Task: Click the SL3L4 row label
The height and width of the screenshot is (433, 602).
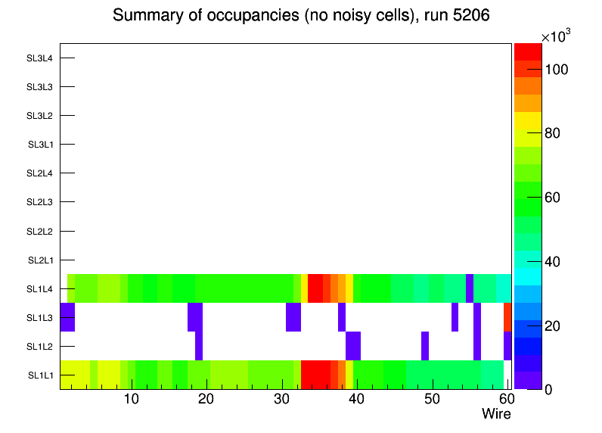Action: click(x=39, y=58)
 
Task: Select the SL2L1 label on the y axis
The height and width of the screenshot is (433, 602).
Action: click(x=39, y=260)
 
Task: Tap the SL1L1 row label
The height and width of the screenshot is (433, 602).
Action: click(x=41, y=375)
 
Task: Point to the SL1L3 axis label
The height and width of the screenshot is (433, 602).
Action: click(x=39, y=318)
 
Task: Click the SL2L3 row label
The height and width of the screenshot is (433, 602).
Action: click(x=39, y=202)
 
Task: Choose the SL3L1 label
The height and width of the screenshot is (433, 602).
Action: click(x=41, y=145)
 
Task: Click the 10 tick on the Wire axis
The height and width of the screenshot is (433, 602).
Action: click(x=131, y=399)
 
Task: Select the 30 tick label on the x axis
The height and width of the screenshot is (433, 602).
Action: click(x=281, y=399)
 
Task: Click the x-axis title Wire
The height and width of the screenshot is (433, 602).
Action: click(x=496, y=414)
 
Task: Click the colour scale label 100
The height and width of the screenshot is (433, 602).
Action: click(x=557, y=70)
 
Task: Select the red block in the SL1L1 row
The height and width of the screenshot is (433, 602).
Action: click(x=315, y=375)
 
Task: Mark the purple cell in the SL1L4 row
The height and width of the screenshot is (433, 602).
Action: click(x=470, y=288)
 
